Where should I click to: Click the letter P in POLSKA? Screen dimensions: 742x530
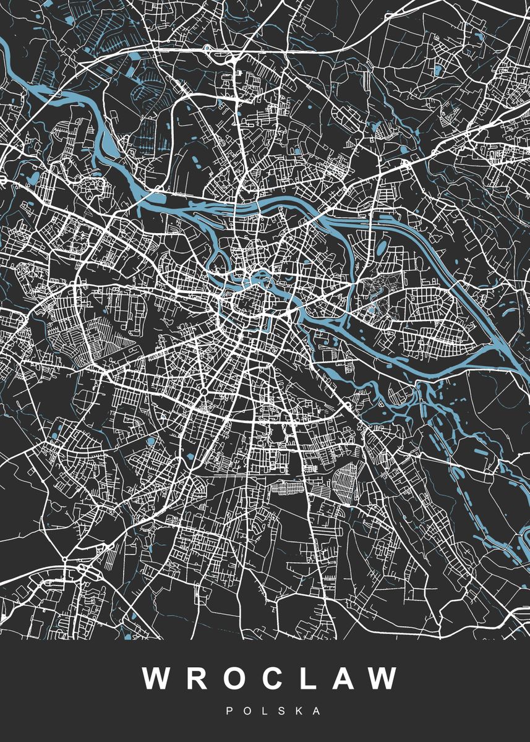point(230,712)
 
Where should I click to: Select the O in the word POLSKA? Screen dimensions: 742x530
point(247,712)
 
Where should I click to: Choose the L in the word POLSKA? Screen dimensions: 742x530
point(265,712)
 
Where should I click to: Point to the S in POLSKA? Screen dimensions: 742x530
point(281,712)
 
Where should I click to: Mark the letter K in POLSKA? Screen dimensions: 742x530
point(299,712)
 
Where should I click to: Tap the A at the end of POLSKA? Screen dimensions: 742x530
point(317,712)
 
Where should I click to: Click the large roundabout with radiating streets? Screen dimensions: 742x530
point(203,392)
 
